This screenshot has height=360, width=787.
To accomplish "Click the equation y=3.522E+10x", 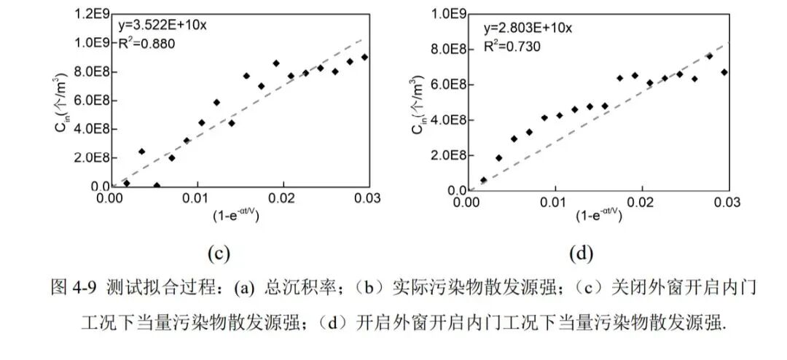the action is pyautogui.click(x=162, y=26).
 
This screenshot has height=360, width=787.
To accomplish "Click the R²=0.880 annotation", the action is pyautogui.click(x=146, y=44).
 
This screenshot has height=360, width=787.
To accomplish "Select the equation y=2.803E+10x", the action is pyautogui.click(x=528, y=28).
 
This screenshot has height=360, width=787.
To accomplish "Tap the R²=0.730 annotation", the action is pyautogui.click(x=512, y=47).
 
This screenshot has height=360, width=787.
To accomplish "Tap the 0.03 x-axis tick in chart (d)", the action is pyautogui.click(x=727, y=201).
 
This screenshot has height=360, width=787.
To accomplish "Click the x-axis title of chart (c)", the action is pyautogui.click(x=235, y=215).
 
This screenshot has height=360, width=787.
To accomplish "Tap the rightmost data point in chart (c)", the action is pyautogui.click(x=364, y=58).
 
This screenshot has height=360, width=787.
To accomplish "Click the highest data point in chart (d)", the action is pyautogui.click(x=710, y=56).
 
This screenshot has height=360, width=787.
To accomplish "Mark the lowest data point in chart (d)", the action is pyautogui.click(x=483, y=180).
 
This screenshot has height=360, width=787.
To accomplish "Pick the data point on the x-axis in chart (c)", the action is pyautogui.click(x=157, y=186).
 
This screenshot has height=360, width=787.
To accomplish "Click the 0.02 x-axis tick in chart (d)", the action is pyautogui.click(x=641, y=201).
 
